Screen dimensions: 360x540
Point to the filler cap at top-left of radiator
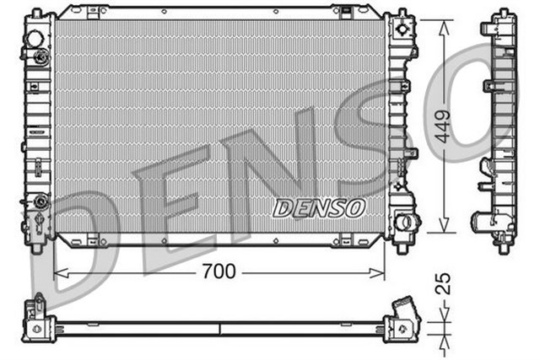[35, 39]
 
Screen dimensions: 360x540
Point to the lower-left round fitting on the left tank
[39, 202]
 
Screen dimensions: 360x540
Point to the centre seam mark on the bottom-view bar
[219, 327]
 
